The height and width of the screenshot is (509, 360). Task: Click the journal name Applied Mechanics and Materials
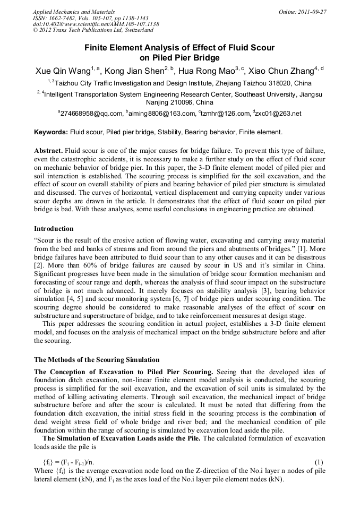[73, 11]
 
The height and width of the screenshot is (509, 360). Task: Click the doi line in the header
[96, 24]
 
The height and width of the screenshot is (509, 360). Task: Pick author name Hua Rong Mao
[205, 71]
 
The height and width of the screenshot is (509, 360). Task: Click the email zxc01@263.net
[278, 114]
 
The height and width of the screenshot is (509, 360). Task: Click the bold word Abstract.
[48, 151]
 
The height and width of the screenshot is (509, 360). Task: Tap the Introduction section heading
[54, 229]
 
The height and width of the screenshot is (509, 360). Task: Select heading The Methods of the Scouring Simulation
[97, 359]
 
